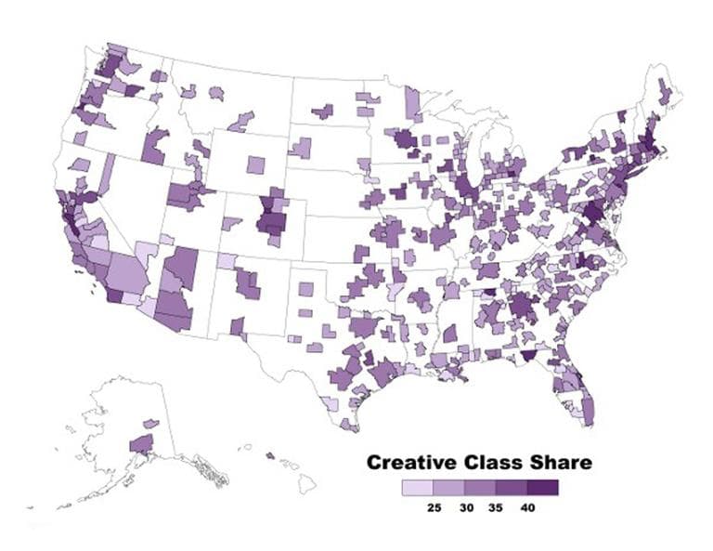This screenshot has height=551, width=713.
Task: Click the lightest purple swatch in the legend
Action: click(x=417, y=487)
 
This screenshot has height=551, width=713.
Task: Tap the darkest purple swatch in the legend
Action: click(x=542, y=487)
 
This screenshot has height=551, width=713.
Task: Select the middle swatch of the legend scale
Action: click(x=480, y=487)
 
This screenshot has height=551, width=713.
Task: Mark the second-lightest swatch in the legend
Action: click(x=448, y=487)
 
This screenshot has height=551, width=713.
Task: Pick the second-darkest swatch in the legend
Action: click(x=511, y=487)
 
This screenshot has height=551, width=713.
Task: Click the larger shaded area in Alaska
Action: click(x=142, y=443)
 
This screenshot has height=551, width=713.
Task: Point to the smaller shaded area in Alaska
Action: click(x=150, y=424)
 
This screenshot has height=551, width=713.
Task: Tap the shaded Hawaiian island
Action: click(x=270, y=455)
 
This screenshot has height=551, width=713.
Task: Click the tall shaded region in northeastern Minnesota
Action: click(x=411, y=103)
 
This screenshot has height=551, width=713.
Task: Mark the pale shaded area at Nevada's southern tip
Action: click(x=146, y=251)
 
